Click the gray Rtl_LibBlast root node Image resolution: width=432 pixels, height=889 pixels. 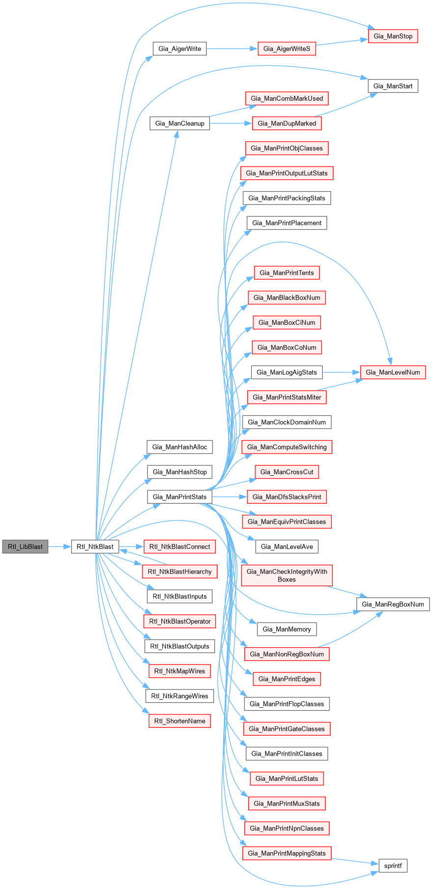point(25,546)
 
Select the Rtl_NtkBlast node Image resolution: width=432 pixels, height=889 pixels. point(95,546)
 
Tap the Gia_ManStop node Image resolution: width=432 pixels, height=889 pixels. point(393,36)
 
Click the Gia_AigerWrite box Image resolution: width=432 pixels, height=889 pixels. point(180,49)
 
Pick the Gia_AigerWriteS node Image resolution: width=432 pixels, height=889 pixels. point(287,49)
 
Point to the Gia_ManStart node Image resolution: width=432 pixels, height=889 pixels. point(393,86)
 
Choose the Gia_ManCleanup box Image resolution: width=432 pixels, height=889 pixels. point(180,123)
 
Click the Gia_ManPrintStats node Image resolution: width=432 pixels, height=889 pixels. point(180,497)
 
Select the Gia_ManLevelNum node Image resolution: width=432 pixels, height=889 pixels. point(393,372)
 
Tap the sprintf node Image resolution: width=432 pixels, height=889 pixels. point(393,865)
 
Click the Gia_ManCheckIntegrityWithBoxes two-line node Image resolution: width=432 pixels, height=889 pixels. point(287,575)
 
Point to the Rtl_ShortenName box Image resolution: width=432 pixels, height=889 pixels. point(180,721)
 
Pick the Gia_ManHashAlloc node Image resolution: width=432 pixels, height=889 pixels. point(180,447)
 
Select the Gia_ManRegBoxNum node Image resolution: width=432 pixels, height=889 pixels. point(393,604)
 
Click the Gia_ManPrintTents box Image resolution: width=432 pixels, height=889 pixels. point(287,273)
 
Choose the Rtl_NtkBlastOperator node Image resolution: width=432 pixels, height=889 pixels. point(180,621)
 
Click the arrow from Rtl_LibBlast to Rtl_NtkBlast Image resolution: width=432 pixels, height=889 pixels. point(60,546)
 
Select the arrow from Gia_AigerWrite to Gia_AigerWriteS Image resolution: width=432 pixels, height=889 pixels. point(232,49)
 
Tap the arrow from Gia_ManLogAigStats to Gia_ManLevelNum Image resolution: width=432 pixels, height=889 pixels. point(341,372)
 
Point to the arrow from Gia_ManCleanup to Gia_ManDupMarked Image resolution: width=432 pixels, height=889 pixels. point(231,123)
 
